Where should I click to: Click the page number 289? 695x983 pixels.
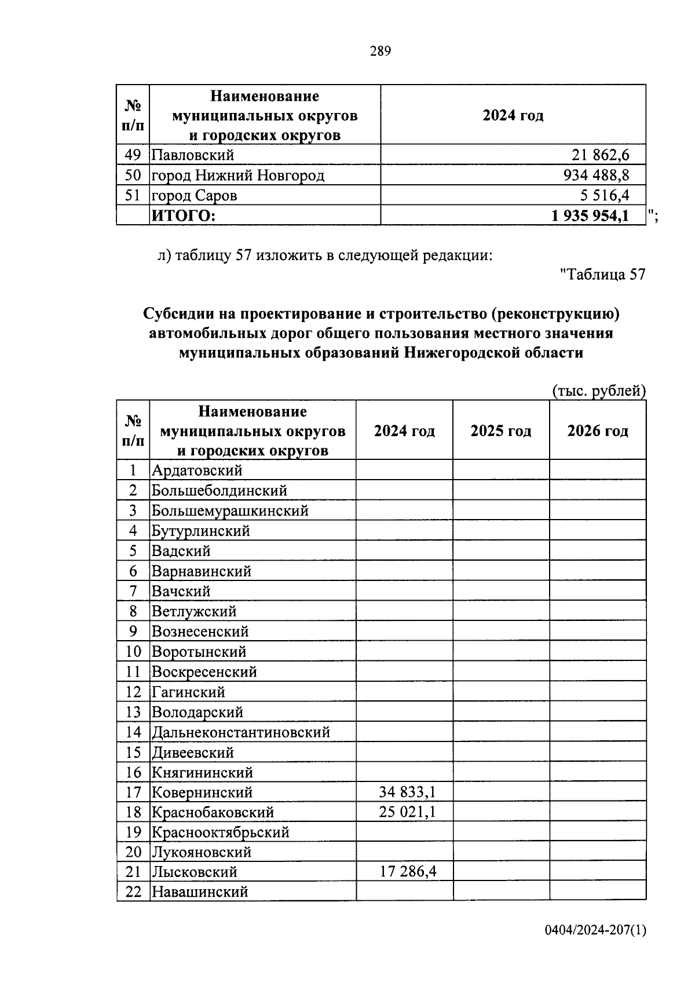(x=381, y=52)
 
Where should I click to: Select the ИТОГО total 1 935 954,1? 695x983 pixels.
(x=590, y=216)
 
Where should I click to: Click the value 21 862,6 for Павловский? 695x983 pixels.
(x=600, y=155)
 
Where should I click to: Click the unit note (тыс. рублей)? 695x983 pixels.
(x=598, y=391)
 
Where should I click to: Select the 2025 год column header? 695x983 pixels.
(x=500, y=431)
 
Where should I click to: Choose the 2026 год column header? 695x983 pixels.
(x=597, y=431)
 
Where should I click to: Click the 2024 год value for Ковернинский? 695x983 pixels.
(x=407, y=792)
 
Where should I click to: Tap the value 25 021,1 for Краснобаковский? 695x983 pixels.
(x=407, y=812)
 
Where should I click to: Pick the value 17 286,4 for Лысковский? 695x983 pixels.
(x=408, y=872)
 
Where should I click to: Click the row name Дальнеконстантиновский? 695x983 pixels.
(x=240, y=732)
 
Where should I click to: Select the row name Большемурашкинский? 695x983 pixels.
(x=230, y=511)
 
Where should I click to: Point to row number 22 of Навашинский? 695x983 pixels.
(x=133, y=892)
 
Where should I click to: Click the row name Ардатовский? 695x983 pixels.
(x=197, y=470)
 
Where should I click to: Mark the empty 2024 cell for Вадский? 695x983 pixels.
(x=404, y=551)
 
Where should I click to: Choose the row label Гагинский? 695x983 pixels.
(x=188, y=692)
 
